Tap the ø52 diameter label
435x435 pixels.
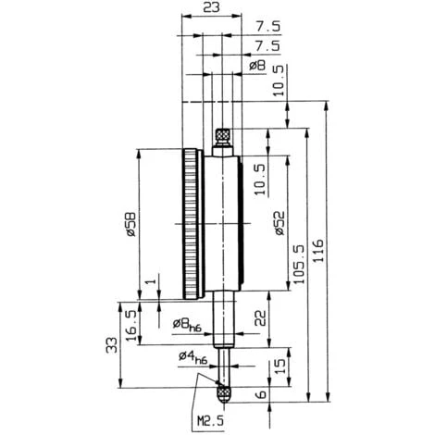(278, 225)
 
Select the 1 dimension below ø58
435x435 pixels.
(149, 282)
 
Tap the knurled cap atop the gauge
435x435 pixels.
(222, 139)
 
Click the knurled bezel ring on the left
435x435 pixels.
(191, 225)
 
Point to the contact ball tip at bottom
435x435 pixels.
(222, 393)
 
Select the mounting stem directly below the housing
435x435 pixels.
(222, 319)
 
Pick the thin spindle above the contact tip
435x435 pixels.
(222, 366)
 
